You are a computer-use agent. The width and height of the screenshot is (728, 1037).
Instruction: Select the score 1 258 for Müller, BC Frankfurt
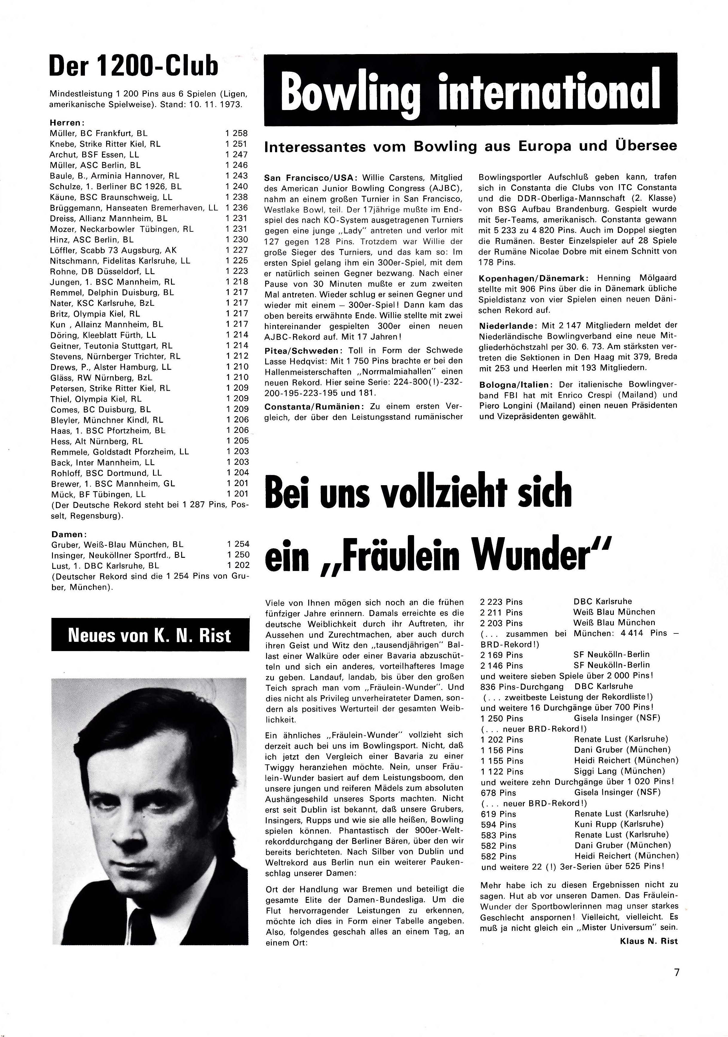coord(237,133)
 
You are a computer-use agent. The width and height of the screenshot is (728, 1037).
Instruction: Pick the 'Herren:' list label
coord(67,122)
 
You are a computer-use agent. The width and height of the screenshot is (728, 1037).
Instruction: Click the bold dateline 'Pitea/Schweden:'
coord(301,350)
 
